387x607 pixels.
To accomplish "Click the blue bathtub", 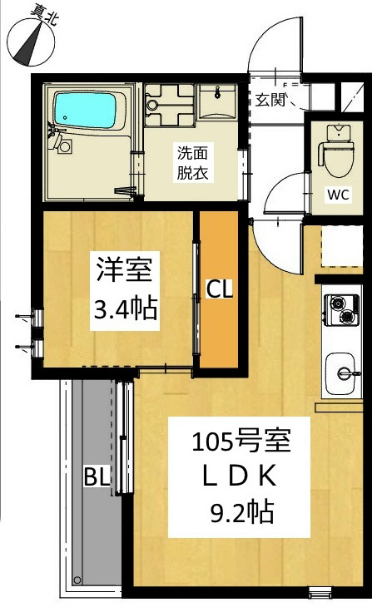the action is (x=86, y=110).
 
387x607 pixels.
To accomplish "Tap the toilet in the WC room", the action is (x=338, y=152).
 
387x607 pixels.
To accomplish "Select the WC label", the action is (x=339, y=195).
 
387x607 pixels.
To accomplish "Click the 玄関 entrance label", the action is (x=270, y=100).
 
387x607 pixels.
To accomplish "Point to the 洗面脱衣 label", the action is (x=192, y=163).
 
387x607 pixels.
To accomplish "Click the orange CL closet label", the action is (x=219, y=289).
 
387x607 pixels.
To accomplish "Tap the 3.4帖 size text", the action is (x=125, y=308).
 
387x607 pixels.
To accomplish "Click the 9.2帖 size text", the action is (x=242, y=511).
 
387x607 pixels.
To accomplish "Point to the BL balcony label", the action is (x=97, y=476).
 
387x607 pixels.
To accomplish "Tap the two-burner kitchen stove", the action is (x=341, y=309).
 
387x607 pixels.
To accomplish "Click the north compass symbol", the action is (x=31, y=42).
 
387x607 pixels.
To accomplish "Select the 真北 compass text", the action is (x=43, y=16).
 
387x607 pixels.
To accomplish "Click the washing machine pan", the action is (x=169, y=105).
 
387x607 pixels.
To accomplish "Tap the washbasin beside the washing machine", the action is (x=217, y=101).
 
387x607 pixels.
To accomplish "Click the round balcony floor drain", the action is (x=77, y=580).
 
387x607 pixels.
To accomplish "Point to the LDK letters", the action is (x=239, y=476).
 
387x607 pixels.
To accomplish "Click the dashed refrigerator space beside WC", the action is (x=342, y=246).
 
